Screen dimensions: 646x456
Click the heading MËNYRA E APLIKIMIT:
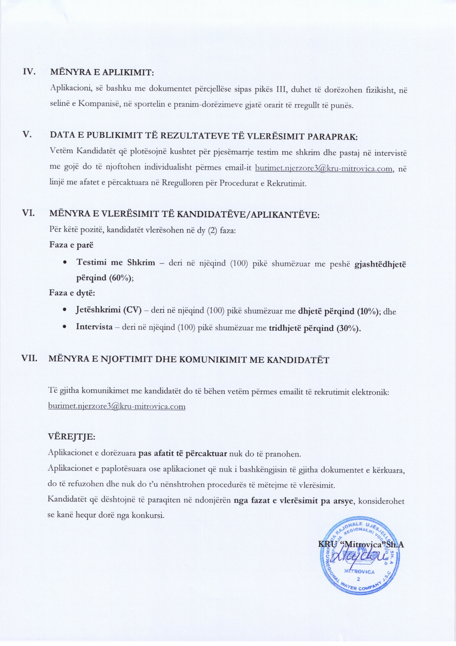[102, 72]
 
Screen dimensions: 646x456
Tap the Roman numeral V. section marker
[27, 134]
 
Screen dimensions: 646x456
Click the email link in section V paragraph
[324, 168]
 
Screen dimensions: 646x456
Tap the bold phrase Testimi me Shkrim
[115, 263]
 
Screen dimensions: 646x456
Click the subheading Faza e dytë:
[72, 293]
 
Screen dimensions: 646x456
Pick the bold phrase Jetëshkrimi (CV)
[108, 310]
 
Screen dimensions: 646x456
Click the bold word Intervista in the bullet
[94, 327]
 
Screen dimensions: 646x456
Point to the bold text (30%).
[349, 328]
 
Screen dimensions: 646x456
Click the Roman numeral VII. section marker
[29, 358]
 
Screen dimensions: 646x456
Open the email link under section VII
[117, 407]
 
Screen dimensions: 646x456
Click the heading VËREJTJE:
[71, 437]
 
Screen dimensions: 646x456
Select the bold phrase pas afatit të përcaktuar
[182, 454]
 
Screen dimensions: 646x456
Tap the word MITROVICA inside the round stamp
[359, 572]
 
